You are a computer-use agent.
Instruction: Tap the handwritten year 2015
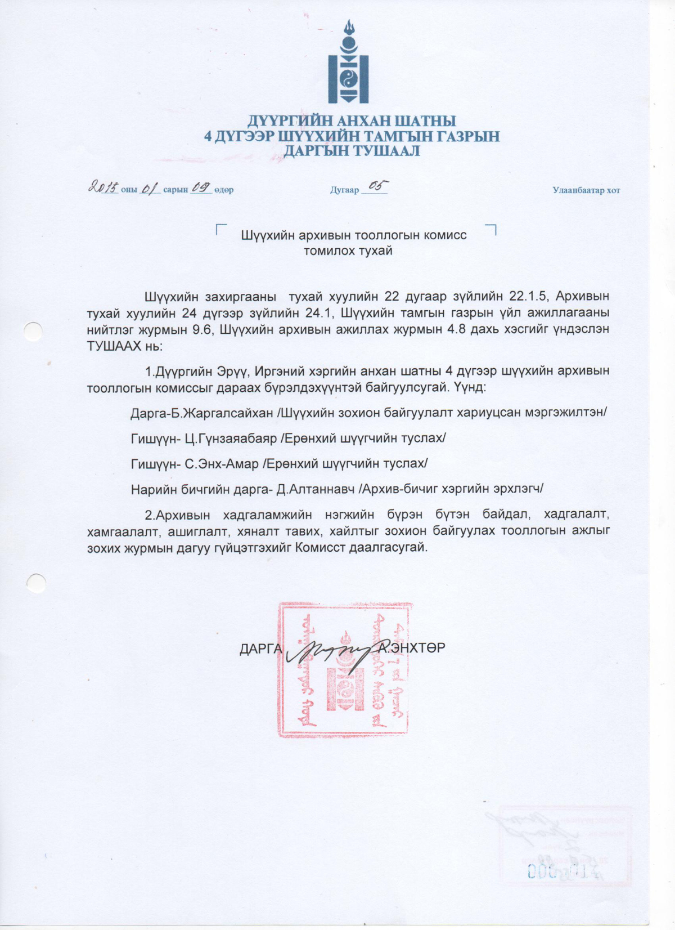[103, 187]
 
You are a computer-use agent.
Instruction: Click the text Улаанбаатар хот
[586, 190]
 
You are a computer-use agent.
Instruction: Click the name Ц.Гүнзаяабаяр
[231, 438]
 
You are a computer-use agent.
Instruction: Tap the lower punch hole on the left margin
[36, 583]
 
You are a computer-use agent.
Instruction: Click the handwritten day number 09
[200, 187]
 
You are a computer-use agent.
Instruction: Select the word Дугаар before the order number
[344, 190]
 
